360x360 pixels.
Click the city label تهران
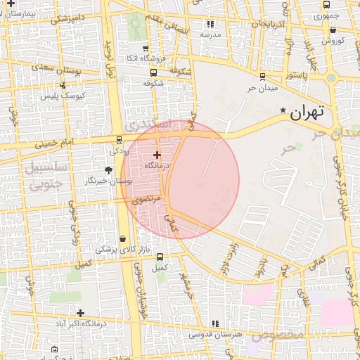click(307, 112)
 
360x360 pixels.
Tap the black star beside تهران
click(283, 110)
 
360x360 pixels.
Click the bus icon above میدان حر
click(262, 76)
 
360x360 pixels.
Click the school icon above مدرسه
click(211, 23)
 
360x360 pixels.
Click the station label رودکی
click(119, 151)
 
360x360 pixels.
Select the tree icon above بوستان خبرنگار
click(108, 169)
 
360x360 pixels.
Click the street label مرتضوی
click(146, 200)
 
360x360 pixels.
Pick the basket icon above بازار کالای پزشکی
click(123, 239)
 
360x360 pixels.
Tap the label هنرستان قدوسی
click(216, 335)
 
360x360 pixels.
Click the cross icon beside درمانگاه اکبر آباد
click(80, 313)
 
